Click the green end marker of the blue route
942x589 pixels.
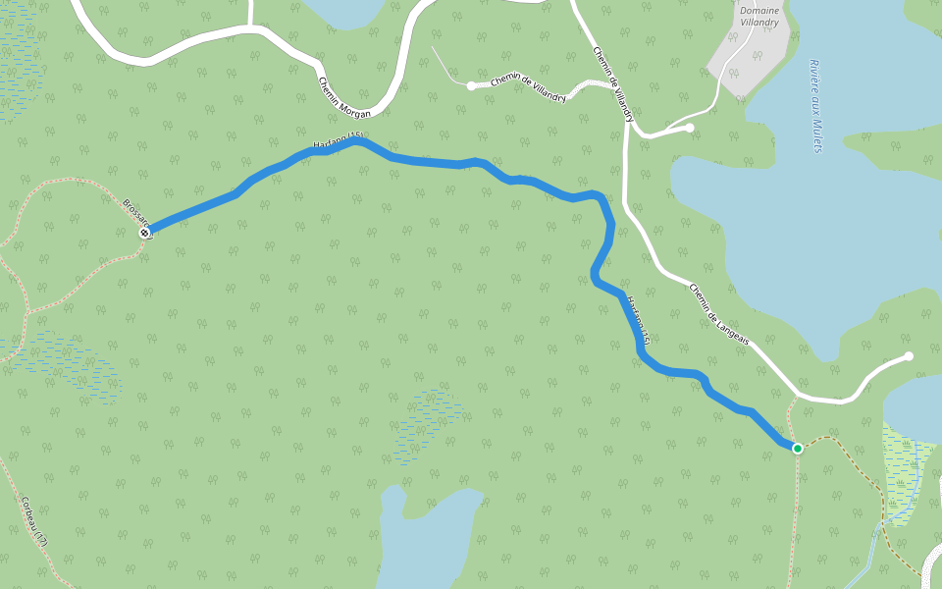click(x=798, y=449)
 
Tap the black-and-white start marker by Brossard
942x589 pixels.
click(x=144, y=234)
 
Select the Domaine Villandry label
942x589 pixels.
click(x=759, y=17)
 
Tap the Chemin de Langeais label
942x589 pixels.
click(x=719, y=314)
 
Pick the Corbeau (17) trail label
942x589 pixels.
click(x=33, y=520)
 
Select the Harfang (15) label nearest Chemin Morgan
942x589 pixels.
click(x=338, y=142)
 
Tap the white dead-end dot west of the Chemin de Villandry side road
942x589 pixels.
click(x=472, y=86)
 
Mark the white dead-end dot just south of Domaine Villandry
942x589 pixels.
click(x=690, y=128)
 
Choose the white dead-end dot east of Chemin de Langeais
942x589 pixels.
click(x=909, y=356)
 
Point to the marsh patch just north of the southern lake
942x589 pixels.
click(x=429, y=422)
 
